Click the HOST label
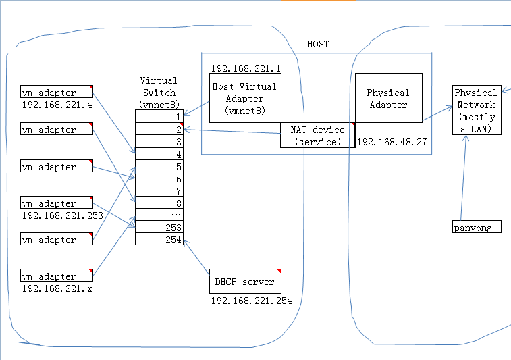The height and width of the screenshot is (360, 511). coord(318,44)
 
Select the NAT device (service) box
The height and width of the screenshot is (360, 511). coord(317,135)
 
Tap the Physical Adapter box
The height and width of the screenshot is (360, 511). coord(388,98)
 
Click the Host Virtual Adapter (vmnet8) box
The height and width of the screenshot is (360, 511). coord(244,98)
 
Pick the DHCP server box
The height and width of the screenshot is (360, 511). coord(244,281)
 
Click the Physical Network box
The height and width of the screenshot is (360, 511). coord(477,110)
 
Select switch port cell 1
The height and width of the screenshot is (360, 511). coord(159,117)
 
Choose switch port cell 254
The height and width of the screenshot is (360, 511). coord(159,239)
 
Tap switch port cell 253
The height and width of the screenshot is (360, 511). coord(159,228)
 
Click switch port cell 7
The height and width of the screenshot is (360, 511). coord(159,190)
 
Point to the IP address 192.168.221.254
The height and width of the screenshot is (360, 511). coord(251,301)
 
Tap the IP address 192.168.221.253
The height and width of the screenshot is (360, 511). coord(62,215)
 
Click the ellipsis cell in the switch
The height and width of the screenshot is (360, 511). coord(159,215)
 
